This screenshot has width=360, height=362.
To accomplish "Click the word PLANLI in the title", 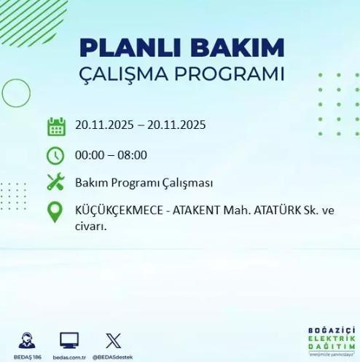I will coord(121,48).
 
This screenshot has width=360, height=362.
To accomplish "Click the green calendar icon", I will coord(56,126).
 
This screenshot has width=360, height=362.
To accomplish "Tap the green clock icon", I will coord(55,154).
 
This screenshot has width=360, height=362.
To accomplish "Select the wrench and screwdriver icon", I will coord(55,182).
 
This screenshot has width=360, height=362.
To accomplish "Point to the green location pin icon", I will coord(55,212).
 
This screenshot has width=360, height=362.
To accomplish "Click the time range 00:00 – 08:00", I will coord(111,154).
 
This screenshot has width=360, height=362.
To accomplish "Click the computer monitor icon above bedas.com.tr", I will coord(70,339).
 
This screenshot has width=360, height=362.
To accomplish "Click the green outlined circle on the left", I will coord(16,93).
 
